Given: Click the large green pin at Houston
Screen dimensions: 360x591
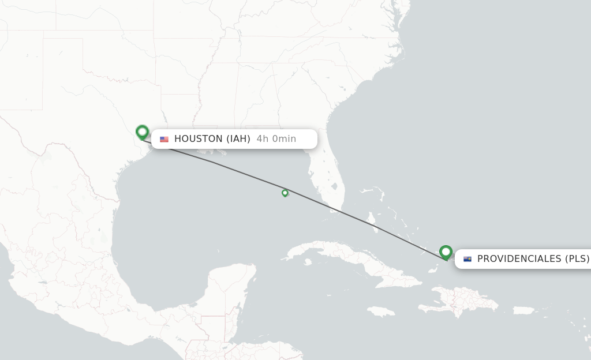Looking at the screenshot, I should (x=142, y=132).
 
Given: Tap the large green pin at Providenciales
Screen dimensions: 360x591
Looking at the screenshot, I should (x=446, y=252).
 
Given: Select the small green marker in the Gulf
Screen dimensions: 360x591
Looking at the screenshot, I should (x=285, y=193).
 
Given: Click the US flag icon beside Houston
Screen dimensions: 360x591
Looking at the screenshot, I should (x=164, y=139).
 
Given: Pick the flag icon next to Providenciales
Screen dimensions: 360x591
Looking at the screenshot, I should (x=467, y=259).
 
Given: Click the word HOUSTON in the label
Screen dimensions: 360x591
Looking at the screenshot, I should (x=198, y=138).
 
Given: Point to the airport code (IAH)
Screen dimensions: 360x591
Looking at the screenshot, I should (x=238, y=138).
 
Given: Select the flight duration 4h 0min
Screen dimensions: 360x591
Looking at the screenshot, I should (x=276, y=138).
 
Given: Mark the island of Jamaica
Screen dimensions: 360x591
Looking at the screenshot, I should (x=380, y=312).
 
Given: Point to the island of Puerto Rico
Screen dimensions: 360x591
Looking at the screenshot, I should (x=523, y=310).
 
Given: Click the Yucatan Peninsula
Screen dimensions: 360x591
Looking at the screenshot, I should (x=231, y=288).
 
